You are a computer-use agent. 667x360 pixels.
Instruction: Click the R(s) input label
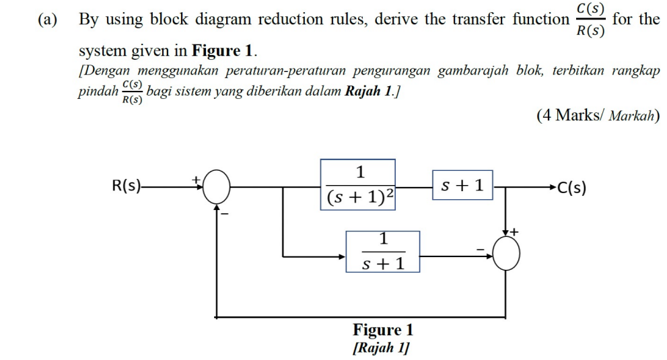pyautogui.click(x=127, y=186)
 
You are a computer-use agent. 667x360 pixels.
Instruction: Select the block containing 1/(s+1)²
pyautogui.click(x=357, y=185)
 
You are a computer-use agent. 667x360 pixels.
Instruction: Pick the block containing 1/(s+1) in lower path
pyautogui.click(x=383, y=252)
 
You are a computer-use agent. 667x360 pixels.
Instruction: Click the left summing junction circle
pyautogui.click(x=216, y=186)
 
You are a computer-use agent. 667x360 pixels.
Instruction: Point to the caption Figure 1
pyautogui.click(x=383, y=330)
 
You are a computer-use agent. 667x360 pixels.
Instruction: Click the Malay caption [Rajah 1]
pyautogui.click(x=382, y=348)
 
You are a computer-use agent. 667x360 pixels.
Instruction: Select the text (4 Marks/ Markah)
pyautogui.click(x=598, y=116)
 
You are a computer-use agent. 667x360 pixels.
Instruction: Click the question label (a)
pyautogui.click(x=48, y=20)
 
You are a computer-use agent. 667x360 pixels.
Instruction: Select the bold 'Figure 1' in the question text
pyautogui.click(x=224, y=50)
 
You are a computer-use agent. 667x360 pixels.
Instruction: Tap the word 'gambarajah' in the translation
pyautogui.click(x=475, y=71)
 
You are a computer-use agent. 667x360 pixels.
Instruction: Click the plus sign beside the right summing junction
pyautogui.click(x=516, y=232)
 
